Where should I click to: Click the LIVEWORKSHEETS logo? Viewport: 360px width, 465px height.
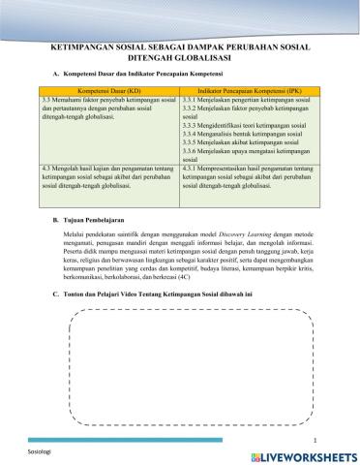tap(305, 453)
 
